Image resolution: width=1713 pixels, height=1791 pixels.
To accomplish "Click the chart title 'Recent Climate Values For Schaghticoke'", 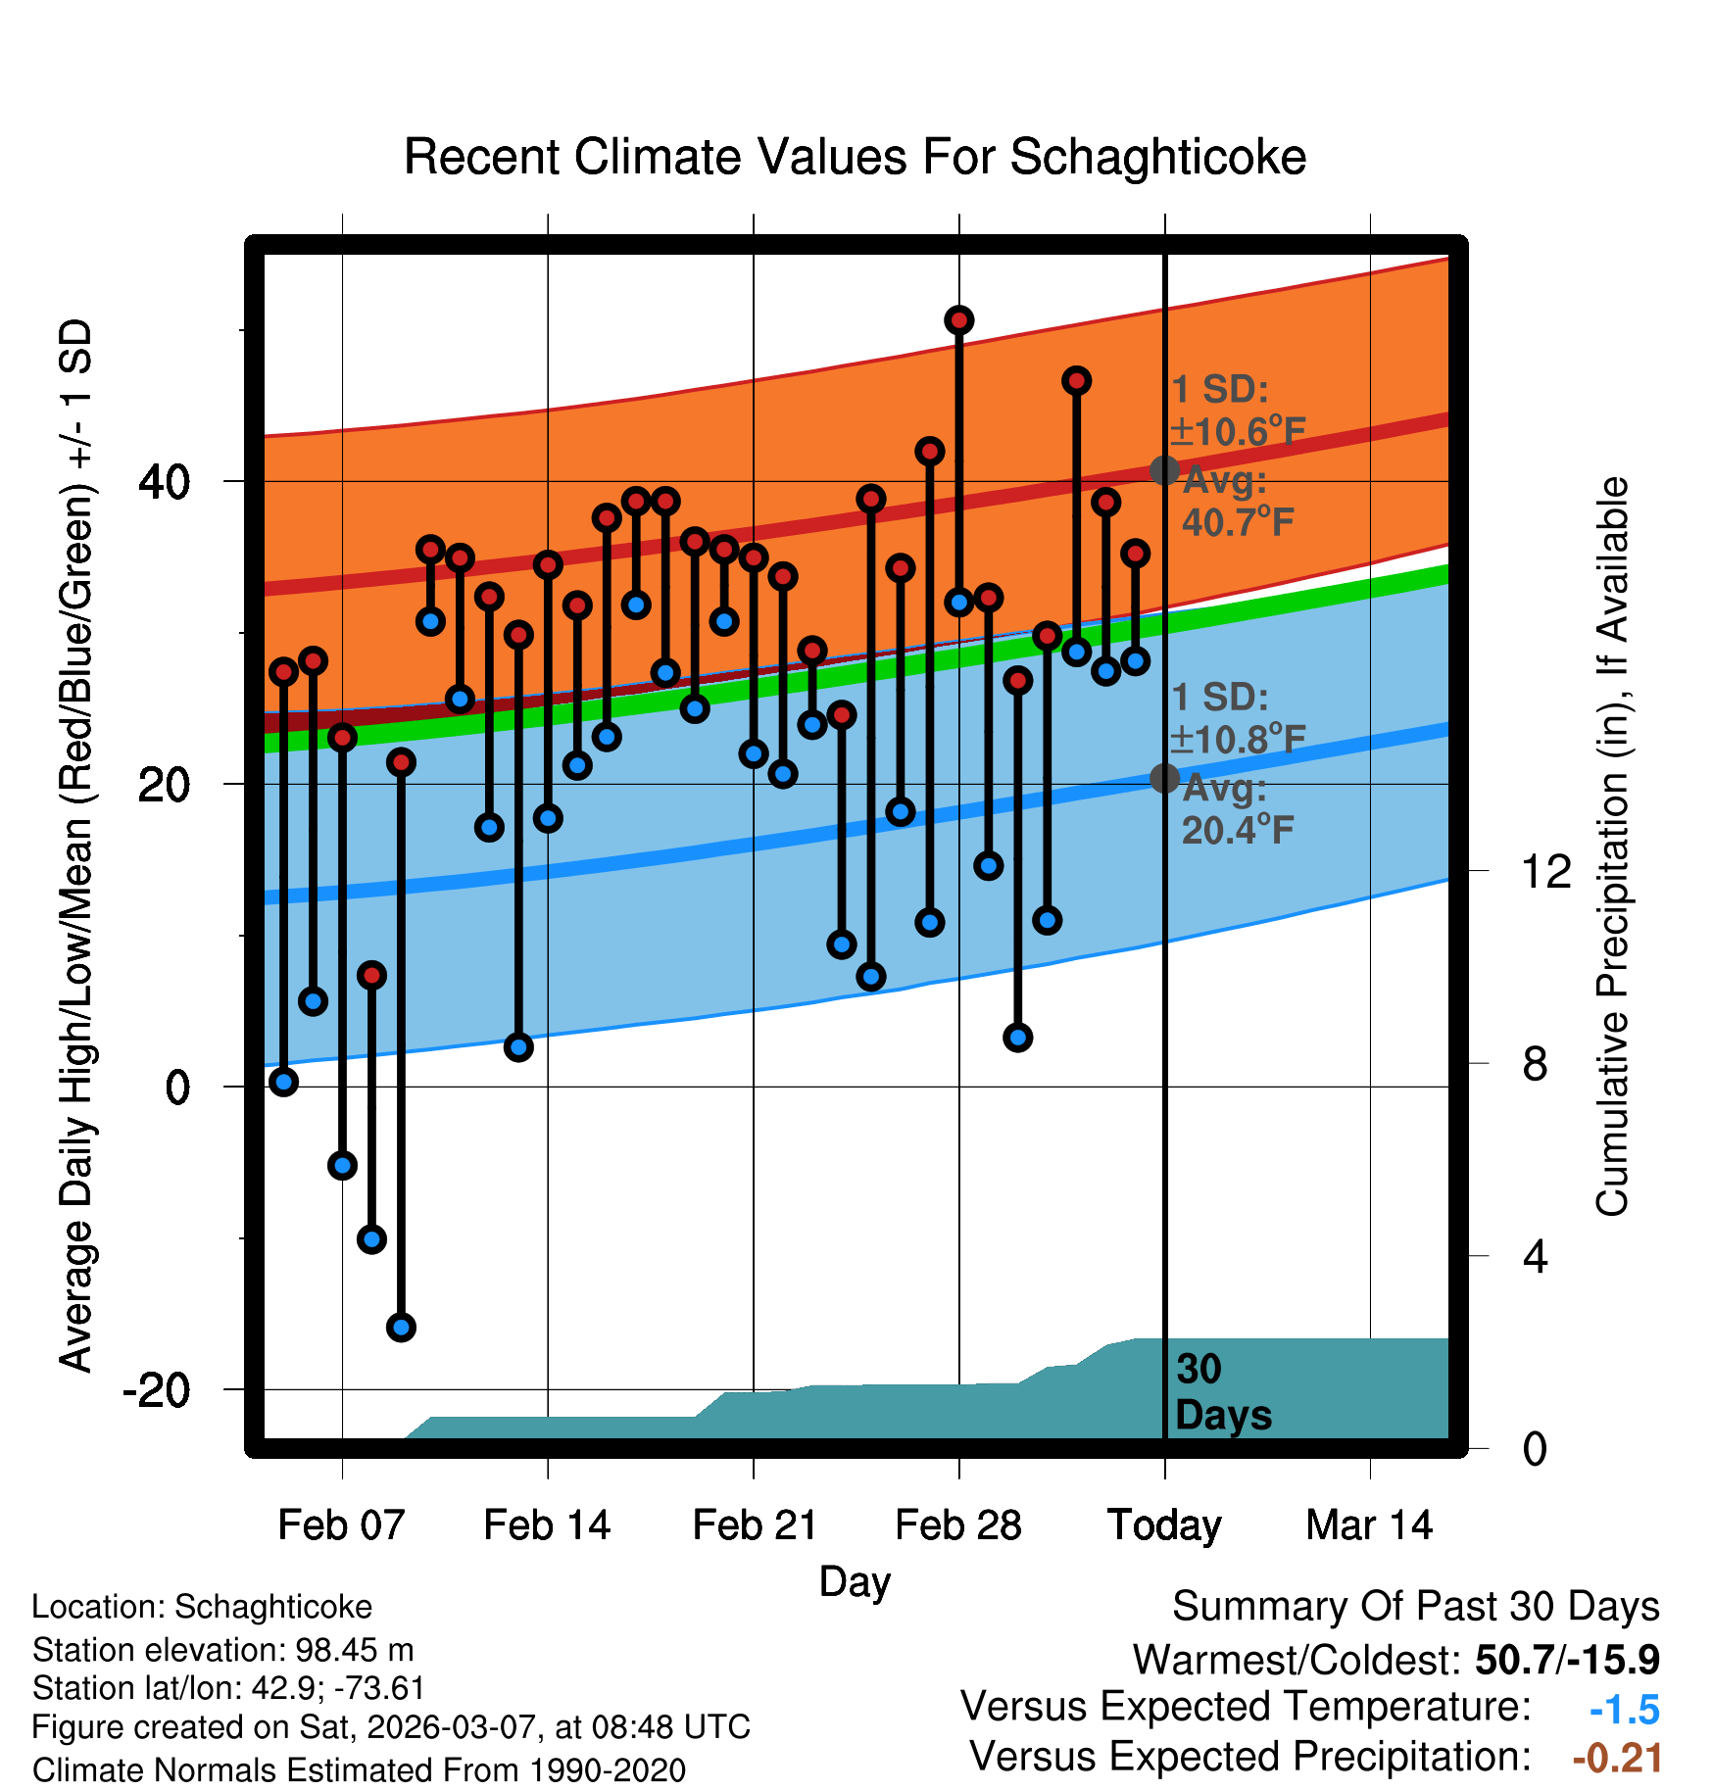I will coord(855,157).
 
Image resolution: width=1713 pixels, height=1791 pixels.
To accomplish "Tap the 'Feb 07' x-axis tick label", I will coord(341,1525).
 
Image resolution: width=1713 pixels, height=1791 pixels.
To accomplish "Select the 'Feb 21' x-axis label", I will coord(754,1525).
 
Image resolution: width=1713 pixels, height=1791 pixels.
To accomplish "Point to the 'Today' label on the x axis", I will coord(1164,1525).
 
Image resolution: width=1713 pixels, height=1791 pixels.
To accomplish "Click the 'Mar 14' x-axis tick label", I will coord(1369,1525).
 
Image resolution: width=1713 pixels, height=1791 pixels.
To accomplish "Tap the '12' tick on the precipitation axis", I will coord(1545,871).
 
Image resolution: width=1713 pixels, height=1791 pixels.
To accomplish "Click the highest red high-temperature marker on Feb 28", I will coord(958,320).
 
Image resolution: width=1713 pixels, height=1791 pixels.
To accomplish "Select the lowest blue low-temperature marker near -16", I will coord(401,1328).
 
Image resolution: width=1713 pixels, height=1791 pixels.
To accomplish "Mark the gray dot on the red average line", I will coord(1164,470).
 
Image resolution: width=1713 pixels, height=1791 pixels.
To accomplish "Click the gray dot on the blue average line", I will coord(1164,778).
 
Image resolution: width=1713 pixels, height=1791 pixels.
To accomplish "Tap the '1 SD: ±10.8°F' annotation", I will coord(1238,718).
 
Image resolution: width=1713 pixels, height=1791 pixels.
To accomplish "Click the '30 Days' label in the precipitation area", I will coord(1222,1392).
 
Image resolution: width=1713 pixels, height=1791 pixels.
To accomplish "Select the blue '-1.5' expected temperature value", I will coord(1624,1710).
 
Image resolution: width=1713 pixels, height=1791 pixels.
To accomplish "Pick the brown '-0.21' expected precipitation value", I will coord(1617,1758).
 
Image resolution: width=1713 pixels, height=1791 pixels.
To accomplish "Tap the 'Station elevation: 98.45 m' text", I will coord(222,1650).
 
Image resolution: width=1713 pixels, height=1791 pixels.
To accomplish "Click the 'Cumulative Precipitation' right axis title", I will coord(1611,847).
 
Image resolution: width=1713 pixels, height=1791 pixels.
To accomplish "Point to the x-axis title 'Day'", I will coord(855,1581).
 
